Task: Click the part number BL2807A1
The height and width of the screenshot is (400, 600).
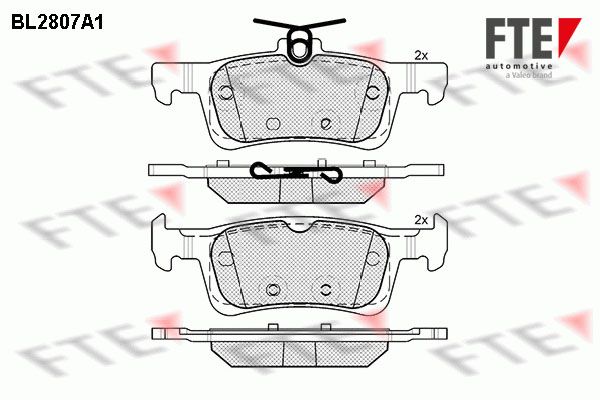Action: [57, 23]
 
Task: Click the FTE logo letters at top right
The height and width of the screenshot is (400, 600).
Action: [519, 38]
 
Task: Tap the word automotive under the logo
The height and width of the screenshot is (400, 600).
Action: [519, 67]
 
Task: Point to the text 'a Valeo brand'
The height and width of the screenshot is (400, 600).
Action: [529, 75]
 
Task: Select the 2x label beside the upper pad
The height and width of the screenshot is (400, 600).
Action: [421, 56]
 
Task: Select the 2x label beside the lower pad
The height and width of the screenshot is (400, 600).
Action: [421, 220]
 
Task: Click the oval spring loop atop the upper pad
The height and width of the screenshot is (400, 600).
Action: [300, 44]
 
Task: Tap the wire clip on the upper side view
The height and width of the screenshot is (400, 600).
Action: [295, 172]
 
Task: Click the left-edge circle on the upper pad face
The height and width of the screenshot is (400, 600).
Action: [226, 93]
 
